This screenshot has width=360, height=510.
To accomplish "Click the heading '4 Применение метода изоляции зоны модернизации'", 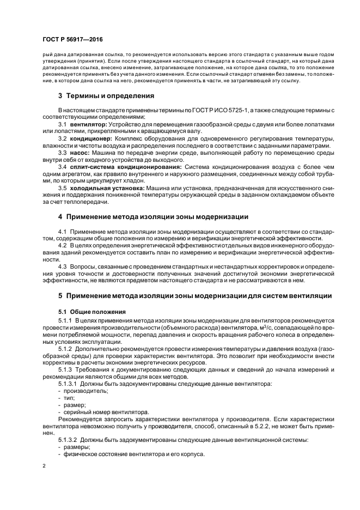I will [x=153, y=217].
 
